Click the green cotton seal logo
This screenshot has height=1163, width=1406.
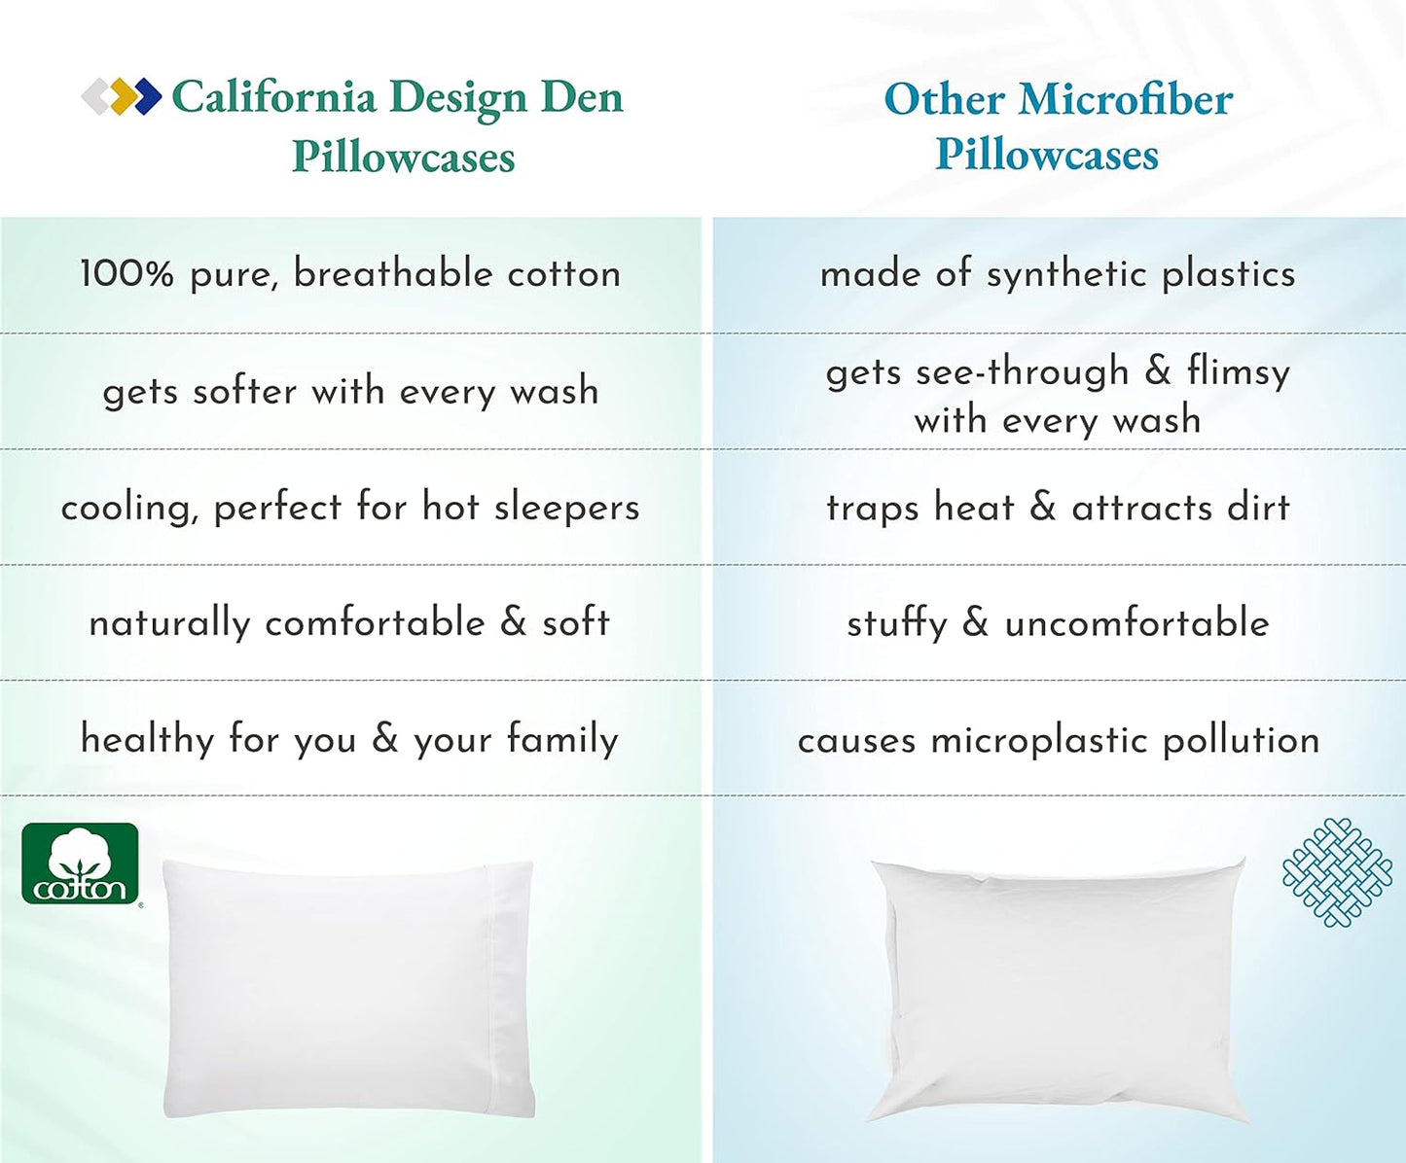pos(81,863)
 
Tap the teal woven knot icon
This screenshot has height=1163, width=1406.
pos(1337,872)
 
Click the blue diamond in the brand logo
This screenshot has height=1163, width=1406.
pos(146,96)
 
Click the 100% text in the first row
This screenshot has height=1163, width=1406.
pos(126,273)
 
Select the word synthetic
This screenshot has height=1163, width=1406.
pos(1066,275)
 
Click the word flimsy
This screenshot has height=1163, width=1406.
pos(1238,372)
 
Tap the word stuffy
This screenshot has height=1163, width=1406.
pos(896,623)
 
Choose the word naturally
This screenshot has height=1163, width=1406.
pos(169,623)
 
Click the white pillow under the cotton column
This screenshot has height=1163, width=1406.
pos(348,987)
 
